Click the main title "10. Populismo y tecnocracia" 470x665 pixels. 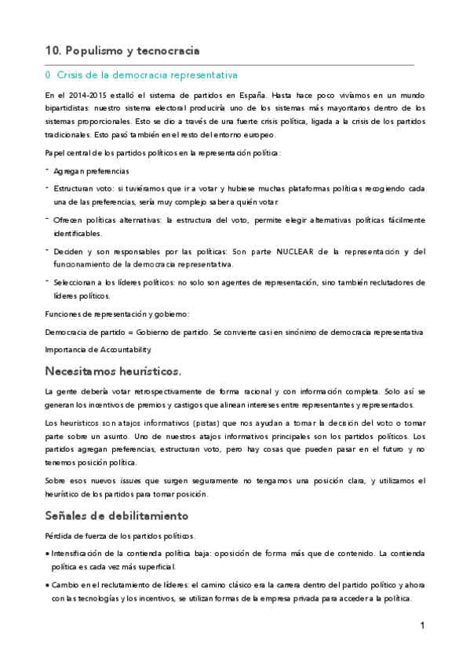[122, 51]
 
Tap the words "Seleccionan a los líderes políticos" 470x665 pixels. [116, 282]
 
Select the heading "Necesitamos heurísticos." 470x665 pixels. [113, 370]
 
